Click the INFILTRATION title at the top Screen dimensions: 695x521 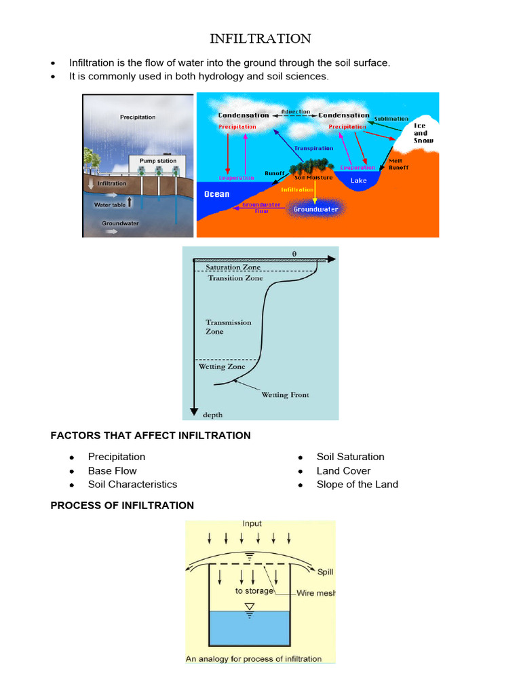click(x=260, y=38)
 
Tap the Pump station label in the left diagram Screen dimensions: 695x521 click(x=158, y=161)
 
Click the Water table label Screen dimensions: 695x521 click(x=111, y=203)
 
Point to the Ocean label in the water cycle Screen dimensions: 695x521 click(x=217, y=194)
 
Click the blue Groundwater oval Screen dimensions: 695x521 click(x=315, y=210)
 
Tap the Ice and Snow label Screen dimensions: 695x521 click(x=421, y=133)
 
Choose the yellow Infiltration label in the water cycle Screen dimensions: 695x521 click(x=297, y=190)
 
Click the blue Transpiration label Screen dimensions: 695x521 click(x=313, y=148)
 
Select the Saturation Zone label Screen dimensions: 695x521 click(x=233, y=267)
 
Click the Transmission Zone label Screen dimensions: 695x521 click(x=229, y=327)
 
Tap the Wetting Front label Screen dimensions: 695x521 click(x=285, y=395)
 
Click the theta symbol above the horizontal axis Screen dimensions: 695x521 click(x=294, y=253)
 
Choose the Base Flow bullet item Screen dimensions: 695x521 click(x=112, y=470)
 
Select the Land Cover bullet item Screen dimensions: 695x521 click(x=343, y=470)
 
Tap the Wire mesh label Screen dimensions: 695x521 click(x=316, y=593)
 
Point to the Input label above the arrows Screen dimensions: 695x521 click(x=252, y=524)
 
